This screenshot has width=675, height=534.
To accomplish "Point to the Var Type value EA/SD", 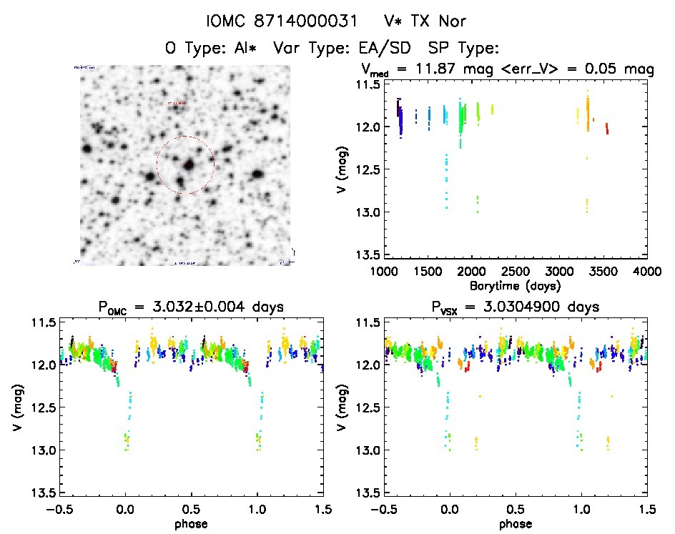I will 388,49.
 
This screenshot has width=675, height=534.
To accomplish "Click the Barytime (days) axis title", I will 516,285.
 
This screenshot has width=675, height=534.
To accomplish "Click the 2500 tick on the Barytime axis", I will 516,271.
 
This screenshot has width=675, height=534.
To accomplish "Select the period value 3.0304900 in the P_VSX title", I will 528,307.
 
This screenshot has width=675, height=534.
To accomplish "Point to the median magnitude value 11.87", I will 435,69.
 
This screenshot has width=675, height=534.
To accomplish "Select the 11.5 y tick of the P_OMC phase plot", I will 41,322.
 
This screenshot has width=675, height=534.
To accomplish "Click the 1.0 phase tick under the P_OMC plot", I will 257,509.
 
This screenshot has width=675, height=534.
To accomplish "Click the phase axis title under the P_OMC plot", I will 192,523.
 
